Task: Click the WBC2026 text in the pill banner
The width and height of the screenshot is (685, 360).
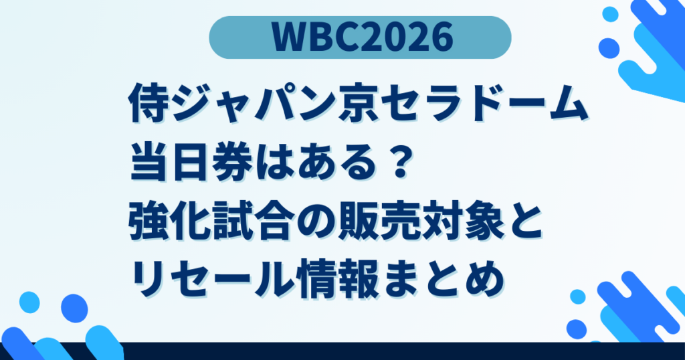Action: pyautogui.click(x=361, y=38)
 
